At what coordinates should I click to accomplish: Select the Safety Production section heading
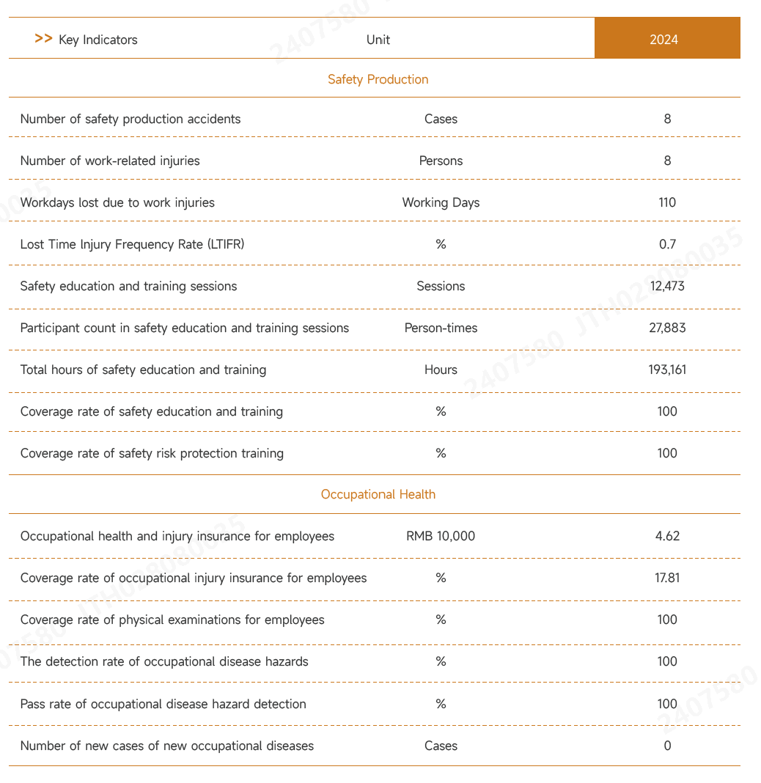click(378, 79)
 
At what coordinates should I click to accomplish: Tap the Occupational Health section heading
click(378, 494)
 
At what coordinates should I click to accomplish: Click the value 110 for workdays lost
click(667, 202)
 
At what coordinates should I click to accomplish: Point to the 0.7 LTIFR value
click(667, 244)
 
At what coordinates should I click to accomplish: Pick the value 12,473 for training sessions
click(667, 286)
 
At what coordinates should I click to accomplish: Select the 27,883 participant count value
click(667, 328)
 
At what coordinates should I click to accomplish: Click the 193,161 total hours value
click(667, 370)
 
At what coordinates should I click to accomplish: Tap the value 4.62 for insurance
click(667, 536)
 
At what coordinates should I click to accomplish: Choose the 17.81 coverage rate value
click(667, 578)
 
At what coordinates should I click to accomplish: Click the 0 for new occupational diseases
click(667, 746)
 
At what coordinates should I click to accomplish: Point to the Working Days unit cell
click(441, 202)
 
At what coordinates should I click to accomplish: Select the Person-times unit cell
click(441, 328)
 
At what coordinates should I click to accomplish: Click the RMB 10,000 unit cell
click(441, 536)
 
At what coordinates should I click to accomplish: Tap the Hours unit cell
click(441, 370)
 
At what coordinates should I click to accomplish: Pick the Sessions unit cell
click(441, 286)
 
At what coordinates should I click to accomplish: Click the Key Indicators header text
click(98, 40)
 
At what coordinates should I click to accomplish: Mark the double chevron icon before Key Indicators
click(43, 39)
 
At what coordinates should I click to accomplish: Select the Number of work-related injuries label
click(110, 161)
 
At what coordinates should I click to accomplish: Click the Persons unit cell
click(441, 161)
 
